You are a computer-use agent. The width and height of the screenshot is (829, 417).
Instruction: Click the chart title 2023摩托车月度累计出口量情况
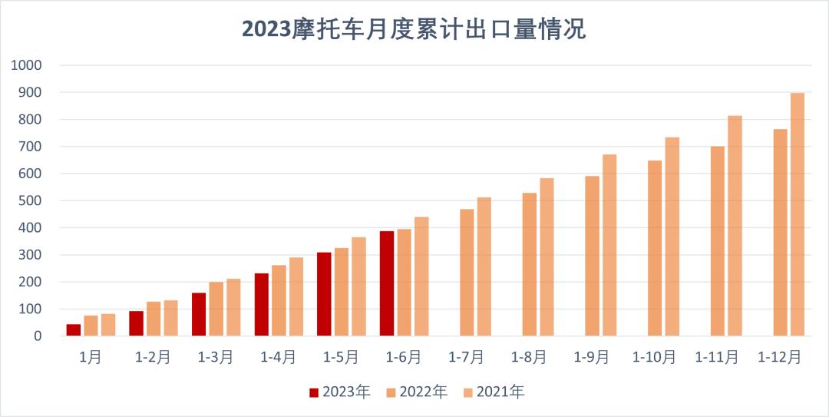tap(414, 28)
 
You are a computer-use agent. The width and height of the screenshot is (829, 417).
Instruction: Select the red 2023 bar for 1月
tap(74, 330)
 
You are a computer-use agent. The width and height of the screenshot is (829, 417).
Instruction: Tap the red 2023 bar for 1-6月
tap(387, 283)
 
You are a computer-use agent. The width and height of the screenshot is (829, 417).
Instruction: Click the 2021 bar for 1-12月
tap(798, 214)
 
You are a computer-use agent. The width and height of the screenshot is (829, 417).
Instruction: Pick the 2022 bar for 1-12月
tap(780, 233)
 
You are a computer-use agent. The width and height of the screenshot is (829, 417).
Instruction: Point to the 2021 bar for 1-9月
tap(609, 245)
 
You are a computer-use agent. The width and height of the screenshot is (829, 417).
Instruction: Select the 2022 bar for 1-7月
tap(467, 273)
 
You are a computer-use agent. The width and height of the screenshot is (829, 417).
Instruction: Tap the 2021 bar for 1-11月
tap(735, 226)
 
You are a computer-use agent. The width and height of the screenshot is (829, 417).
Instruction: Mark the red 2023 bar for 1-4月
tap(262, 304)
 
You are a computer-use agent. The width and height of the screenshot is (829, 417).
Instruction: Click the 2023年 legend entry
tap(339, 392)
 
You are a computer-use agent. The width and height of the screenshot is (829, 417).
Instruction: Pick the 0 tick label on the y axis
tap(36, 336)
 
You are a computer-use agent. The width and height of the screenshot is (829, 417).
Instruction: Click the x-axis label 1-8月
tap(530, 358)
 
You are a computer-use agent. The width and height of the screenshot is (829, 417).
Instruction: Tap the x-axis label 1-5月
tap(341, 358)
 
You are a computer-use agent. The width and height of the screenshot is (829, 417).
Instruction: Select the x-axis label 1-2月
tap(153, 358)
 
